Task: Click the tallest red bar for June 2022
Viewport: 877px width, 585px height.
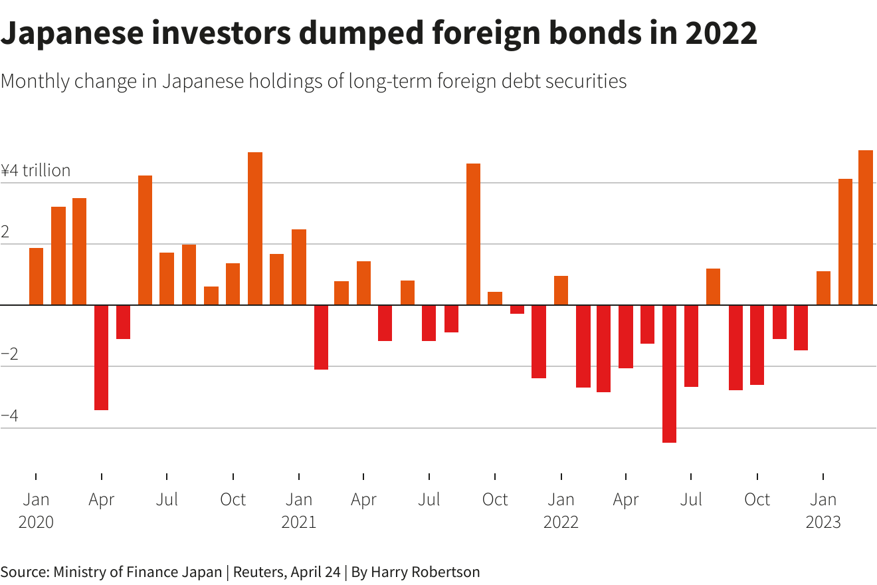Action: pyautogui.click(x=669, y=374)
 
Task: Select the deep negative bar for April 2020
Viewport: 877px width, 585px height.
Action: pyautogui.click(x=101, y=357)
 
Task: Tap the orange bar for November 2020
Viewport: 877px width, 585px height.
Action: pyautogui.click(x=255, y=229)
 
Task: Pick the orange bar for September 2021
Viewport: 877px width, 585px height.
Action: pyautogui.click(x=473, y=234)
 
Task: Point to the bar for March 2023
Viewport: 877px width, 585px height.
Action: pyautogui.click(x=866, y=227)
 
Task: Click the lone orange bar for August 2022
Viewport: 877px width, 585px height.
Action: pyautogui.click(x=713, y=287)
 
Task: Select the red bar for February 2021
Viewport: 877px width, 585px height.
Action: pyautogui.click(x=321, y=337)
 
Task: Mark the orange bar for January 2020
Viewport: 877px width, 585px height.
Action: pyautogui.click(x=36, y=276)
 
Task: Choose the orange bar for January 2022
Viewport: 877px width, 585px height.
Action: pyautogui.click(x=561, y=290)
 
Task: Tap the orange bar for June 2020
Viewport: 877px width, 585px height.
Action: pyautogui.click(x=145, y=240)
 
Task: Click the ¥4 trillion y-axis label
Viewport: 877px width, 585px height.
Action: pyautogui.click(x=36, y=170)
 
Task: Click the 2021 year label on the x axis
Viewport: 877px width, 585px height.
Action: pyautogui.click(x=298, y=522)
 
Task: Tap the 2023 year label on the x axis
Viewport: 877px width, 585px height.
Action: pyautogui.click(x=823, y=522)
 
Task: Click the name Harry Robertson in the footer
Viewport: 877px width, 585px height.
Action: pyautogui.click(x=425, y=572)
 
